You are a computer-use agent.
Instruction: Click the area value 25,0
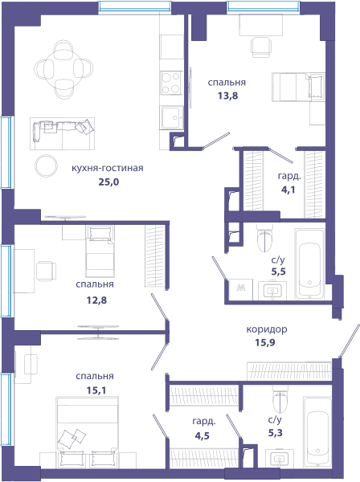coord(108,182)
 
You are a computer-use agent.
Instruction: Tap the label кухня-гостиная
coord(108,168)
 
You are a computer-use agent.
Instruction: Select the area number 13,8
coord(227,96)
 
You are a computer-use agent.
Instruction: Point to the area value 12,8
coord(96,300)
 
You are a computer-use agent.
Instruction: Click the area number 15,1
coord(96,390)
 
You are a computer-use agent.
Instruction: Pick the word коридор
coord(267,329)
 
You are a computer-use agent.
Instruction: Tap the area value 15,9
coord(265,342)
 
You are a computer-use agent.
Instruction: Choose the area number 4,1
coord(288,190)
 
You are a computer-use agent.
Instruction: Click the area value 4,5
coord(202,436)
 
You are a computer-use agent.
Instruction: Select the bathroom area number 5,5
coord(279,272)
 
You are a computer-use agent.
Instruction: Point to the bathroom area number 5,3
coord(276,433)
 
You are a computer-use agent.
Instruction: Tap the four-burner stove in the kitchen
coord(171,83)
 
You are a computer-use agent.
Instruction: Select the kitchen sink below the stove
coord(171,117)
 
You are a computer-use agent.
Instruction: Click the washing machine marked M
coord(241,289)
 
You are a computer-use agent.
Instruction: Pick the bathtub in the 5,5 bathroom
coord(309,263)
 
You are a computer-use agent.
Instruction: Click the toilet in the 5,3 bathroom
coord(280,399)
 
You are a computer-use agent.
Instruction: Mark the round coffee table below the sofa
coord(46,166)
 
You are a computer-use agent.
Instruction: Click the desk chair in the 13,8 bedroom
coord(261,47)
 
